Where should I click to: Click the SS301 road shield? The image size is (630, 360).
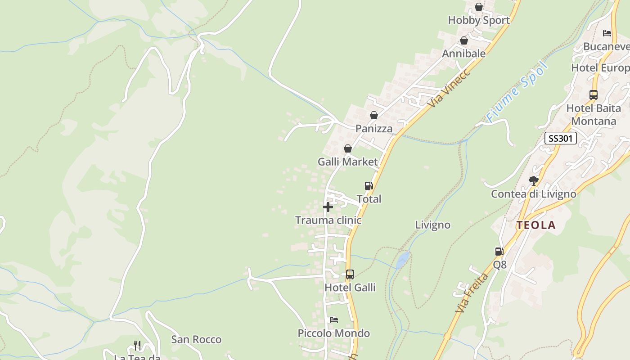click(x=560, y=138)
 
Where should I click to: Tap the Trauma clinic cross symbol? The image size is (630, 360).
click(x=328, y=207)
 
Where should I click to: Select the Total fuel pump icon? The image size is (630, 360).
click(x=369, y=186)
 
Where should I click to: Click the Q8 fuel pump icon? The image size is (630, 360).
click(x=499, y=252)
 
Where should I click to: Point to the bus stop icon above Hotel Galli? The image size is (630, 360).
click(x=350, y=274)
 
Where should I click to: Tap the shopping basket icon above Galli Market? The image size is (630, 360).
click(x=347, y=148)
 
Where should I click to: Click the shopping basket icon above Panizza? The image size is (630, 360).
click(x=373, y=116)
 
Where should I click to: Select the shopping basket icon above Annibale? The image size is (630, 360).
click(x=463, y=41)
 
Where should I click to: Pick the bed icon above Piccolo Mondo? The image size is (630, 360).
click(x=333, y=320)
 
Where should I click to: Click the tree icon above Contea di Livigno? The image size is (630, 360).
click(x=533, y=181)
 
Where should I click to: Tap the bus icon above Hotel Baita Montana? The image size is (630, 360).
click(x=593, y=95)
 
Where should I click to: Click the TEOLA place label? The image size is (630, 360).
click(x=536, y=225)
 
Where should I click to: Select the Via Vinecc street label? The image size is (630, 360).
click(x=449, y=88)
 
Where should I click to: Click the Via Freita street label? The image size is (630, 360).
click(x=472, y=293)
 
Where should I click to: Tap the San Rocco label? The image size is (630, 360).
click(x=196, y=339)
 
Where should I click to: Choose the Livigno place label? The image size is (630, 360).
click(x=432, y=225)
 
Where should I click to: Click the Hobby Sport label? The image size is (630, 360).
click(x=479, y=20)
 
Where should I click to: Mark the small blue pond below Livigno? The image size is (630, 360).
click(x=403, y=259)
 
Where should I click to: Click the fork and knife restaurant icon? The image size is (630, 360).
click(x=137, y=346)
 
